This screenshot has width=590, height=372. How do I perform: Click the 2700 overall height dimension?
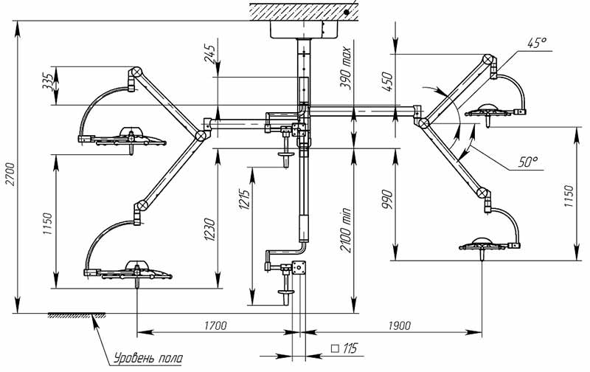[11, 173]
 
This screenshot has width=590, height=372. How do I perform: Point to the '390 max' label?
[345, 68]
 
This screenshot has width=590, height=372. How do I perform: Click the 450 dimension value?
[387, 82]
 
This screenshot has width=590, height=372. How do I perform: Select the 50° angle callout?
[528, 162]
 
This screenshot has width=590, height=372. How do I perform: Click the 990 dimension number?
[387, 200]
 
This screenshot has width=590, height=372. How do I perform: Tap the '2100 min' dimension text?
[345, 230]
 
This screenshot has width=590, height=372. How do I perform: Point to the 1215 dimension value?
[244, 200]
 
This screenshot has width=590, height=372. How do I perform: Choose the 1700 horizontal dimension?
[215, 325]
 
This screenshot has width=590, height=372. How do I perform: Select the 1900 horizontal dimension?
[399, 325]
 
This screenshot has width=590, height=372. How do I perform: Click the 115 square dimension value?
[350, 348]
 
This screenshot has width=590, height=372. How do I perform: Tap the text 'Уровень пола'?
[148, 358]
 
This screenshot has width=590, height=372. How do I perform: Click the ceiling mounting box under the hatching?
[304, 30]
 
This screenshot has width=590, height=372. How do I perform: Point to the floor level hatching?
[77, 315]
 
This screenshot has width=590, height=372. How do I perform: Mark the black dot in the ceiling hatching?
[346, 12]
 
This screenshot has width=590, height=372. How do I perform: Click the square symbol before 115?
[335, 348]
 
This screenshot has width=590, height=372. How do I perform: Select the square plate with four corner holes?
[299, 268]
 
